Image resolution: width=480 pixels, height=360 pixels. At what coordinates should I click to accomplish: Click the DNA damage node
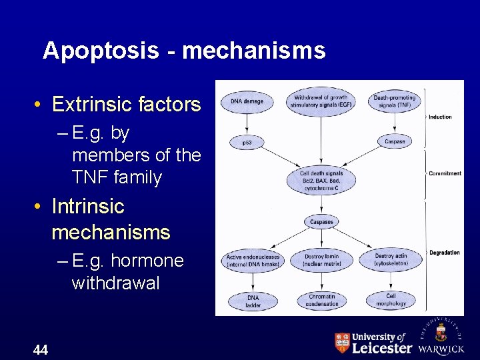tap(247, 102)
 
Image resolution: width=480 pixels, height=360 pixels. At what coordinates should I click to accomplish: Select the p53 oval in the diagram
tap(247, 142)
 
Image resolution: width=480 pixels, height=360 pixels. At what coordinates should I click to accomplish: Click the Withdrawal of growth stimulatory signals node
tap(321, 101)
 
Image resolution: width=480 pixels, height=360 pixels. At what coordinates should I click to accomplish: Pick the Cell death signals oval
tap(321, 181)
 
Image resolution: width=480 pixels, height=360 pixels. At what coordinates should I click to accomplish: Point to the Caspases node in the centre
tap(321, 221)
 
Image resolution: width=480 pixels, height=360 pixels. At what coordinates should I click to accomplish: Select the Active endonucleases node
tap(253, 260)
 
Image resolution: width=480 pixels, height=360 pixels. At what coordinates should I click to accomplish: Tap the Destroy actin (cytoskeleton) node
tap(391, 260)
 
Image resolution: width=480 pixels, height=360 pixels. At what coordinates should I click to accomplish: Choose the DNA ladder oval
tap(253, 301)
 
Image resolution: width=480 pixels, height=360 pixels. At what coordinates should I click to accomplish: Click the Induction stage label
tap(440, 117)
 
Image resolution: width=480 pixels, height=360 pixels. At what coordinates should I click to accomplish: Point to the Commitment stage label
tap(445, 173)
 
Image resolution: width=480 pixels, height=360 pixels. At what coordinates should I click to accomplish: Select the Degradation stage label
tap(445, 253)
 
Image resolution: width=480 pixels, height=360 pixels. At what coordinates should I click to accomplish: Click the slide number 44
tap(40, 349)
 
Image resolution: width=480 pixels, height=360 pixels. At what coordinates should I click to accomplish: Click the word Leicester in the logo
tap(381, 347)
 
